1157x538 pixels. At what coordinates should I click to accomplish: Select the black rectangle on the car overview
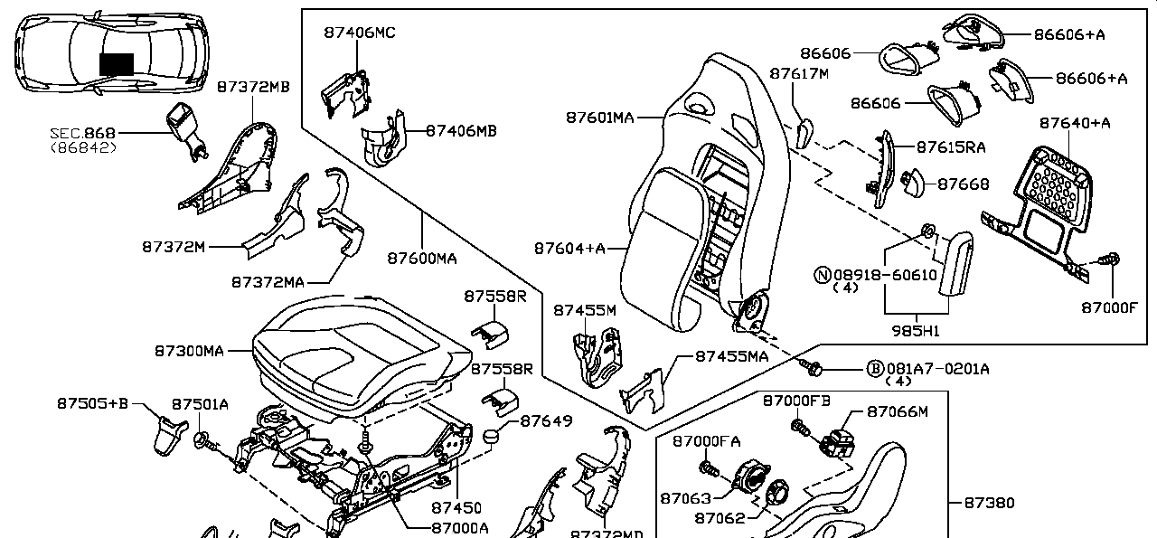point(116,64)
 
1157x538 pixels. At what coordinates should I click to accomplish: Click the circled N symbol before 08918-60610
point(823,274)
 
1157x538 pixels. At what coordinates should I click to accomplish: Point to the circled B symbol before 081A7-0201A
point(874,368)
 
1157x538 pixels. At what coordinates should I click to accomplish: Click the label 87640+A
point(1074,122)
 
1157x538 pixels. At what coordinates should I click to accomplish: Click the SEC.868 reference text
point(83,133)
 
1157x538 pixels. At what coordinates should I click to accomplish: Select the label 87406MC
point(360,33)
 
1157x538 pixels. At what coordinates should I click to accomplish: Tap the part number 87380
point(989,503)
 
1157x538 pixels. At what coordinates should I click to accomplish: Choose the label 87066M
point(898,411)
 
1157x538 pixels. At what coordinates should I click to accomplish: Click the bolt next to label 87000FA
point(709,468)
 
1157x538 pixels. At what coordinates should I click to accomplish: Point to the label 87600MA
point(422,259)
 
